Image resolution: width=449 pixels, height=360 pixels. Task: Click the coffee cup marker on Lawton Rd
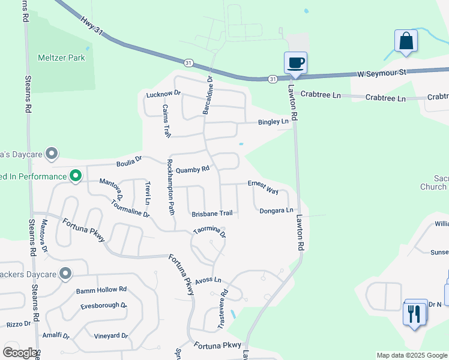point(295,63)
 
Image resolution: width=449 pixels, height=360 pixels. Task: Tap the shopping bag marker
point(406,41)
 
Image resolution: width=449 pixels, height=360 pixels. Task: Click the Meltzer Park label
point(61,58)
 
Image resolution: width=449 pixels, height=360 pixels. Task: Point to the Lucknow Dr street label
point(163,94)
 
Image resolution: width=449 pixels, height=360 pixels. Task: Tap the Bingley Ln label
point(273,122)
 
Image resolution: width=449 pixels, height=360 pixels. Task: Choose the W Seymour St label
point(382,73)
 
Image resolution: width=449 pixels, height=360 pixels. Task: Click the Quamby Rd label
point(193,169)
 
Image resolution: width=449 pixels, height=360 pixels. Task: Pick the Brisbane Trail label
point(212,214)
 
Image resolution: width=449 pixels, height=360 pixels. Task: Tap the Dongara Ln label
point(276,211)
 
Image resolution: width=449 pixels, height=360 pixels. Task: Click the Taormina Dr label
point(209,230)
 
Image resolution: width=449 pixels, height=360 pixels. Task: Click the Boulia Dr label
point(129,160)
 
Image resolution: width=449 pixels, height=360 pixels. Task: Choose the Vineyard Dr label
point(111,335)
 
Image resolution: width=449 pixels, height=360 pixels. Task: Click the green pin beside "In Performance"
point(75,176)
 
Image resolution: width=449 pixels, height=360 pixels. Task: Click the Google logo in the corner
point(19,353)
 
